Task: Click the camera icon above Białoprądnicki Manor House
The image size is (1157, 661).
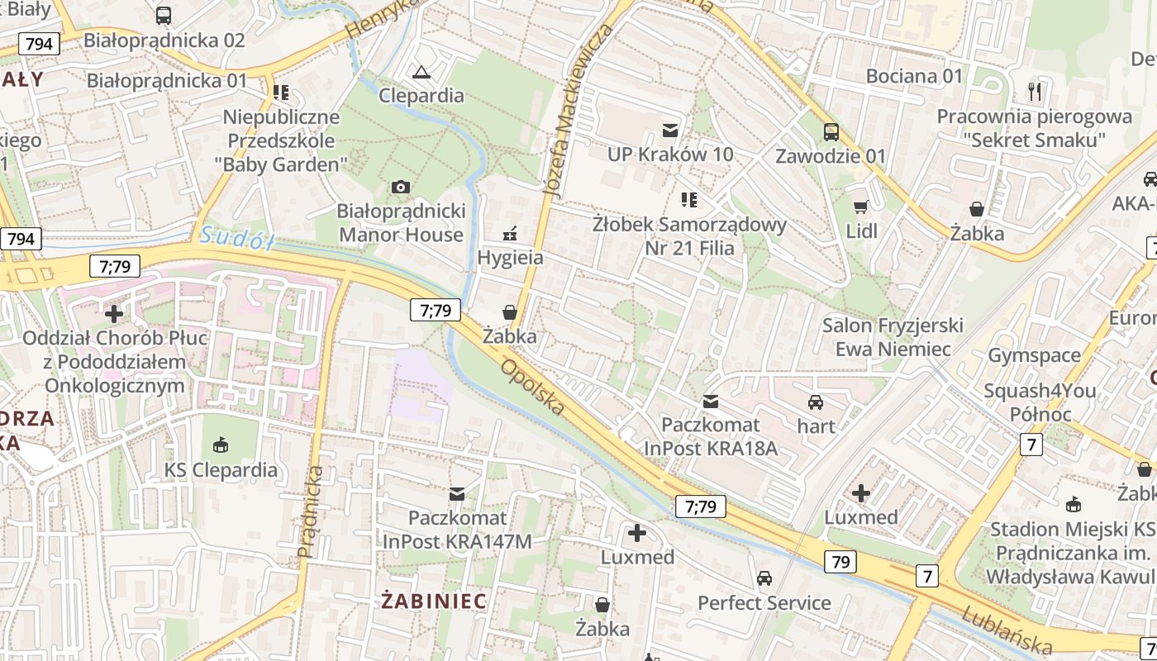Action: [x=401, y=187]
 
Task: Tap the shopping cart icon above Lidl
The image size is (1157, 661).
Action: [x=861, y=207]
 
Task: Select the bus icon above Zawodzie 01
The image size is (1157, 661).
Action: [x=831, y=131]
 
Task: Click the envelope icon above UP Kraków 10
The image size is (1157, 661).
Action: [x=669, y=130]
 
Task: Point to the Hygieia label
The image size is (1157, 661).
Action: [x=510, y=257]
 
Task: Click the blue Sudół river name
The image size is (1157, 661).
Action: [x=236, y=238]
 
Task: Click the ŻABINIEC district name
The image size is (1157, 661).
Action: [x=434, y=601]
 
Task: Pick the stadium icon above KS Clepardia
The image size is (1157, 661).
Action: [x=221, y=446]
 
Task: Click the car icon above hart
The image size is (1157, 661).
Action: [x=816, y=402]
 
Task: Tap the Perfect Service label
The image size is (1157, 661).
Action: [x=764, y=602]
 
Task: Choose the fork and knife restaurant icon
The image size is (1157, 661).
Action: [x=1034, y=91]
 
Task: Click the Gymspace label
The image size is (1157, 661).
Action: [x=1034, y=355]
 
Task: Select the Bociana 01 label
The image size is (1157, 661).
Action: [x=914, y=76]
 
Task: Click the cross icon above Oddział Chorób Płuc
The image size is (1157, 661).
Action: [x=114, y=314]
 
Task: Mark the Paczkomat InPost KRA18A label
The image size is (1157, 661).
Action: [x=711, y=436]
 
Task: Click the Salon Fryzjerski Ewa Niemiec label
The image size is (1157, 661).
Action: [x=893, y=337]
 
